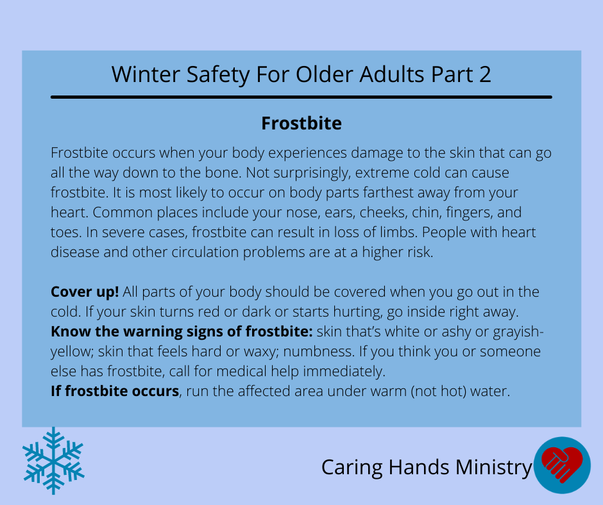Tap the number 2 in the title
coord(485,74)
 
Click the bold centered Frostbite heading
coord(301,124)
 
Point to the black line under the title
coord(301,97)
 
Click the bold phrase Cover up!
coord(85,292)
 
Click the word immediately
coord(344,372)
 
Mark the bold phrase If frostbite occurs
coord(115,391)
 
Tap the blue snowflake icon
coord(53,461)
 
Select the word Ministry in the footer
coord(494,468)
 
